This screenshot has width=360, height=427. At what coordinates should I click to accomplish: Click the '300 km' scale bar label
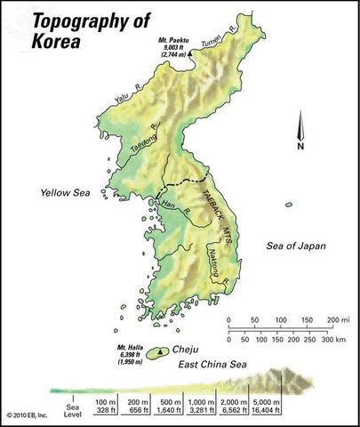(333, 340)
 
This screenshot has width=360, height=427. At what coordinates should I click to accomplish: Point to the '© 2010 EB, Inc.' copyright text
(28, 415)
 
